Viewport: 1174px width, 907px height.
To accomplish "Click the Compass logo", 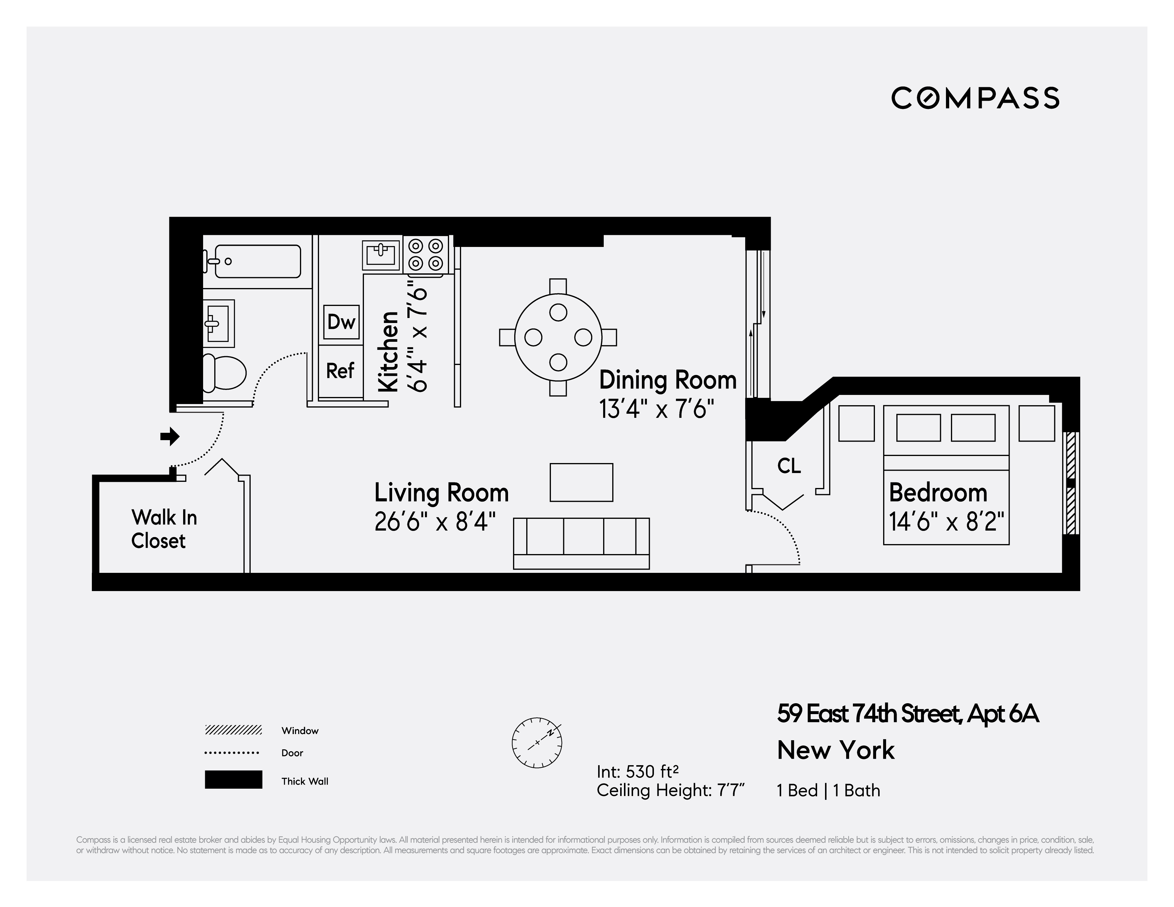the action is [975, 98].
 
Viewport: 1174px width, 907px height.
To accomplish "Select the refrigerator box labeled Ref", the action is [340, 371].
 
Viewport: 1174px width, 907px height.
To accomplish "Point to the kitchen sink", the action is [382, 254].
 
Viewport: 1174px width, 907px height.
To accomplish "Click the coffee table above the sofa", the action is [581, 482].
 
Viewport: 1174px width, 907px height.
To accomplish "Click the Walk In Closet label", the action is [164, 529].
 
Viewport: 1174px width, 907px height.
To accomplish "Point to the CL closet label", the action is [789, 466].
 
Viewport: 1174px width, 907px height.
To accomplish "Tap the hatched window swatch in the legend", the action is [233, 730].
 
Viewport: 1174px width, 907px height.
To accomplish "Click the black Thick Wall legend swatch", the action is [233, 780].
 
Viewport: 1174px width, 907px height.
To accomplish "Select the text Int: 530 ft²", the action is [637, 772].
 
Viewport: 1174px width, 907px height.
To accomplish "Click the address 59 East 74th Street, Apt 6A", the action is [908, 714].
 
